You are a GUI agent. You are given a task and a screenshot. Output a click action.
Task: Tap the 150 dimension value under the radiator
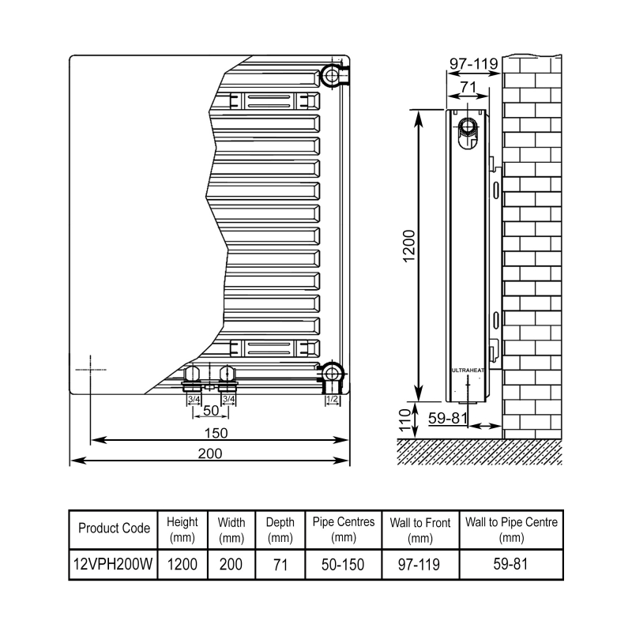click(x=214, y=432)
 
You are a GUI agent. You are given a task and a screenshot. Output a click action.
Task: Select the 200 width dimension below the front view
click(x=209, y=453)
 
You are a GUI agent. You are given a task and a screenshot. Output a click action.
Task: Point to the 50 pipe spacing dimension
click(x=210, y=412)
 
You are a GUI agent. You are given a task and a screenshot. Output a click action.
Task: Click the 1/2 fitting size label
click(x=333, y=400)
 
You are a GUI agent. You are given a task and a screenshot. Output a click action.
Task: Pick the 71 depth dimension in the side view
click(x=468, y=86)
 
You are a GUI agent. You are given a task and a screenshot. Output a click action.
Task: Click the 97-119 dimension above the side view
click(x=472, y=62)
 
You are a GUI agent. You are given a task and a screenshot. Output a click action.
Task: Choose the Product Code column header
click(x=114, y=529)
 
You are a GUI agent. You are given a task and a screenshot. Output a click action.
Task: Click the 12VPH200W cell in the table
click(x=114, y=565)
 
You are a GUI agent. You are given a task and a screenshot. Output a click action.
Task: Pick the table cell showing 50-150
click(x=344, y=565)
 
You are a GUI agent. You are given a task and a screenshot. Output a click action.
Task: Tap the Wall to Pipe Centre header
click(x=512, y=529)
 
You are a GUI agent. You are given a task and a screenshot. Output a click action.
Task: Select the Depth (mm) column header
click(x=280, y=529)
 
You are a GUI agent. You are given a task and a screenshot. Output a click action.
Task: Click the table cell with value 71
click(x=280, y=565)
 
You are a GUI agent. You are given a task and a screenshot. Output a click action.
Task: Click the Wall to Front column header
click(x=420, y=529)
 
